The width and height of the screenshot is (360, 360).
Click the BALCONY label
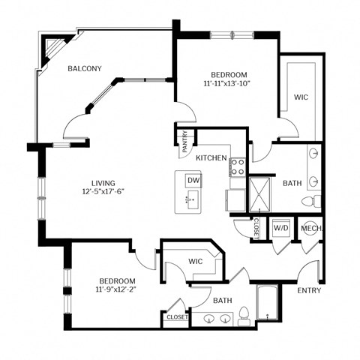(x=85, y=68)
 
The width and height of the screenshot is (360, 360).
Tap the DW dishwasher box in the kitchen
(x=193, y=181)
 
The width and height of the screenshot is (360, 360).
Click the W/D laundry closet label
(x=281, y=227)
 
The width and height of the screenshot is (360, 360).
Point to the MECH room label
(x=311, y=227)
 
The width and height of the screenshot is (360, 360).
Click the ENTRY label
(x=309, y=289)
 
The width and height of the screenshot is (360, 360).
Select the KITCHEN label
(x=211, y=158)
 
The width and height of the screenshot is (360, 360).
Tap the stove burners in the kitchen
(x=238, y=166)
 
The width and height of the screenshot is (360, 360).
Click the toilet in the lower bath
(x=244, y=316)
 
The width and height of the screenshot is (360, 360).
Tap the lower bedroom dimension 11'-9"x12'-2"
(x=115, y=289)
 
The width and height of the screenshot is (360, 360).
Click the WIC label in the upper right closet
(x=301, y=97)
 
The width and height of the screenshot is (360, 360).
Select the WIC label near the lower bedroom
(x=196, y=261)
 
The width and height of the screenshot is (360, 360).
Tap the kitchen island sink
(x=193, y=198)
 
